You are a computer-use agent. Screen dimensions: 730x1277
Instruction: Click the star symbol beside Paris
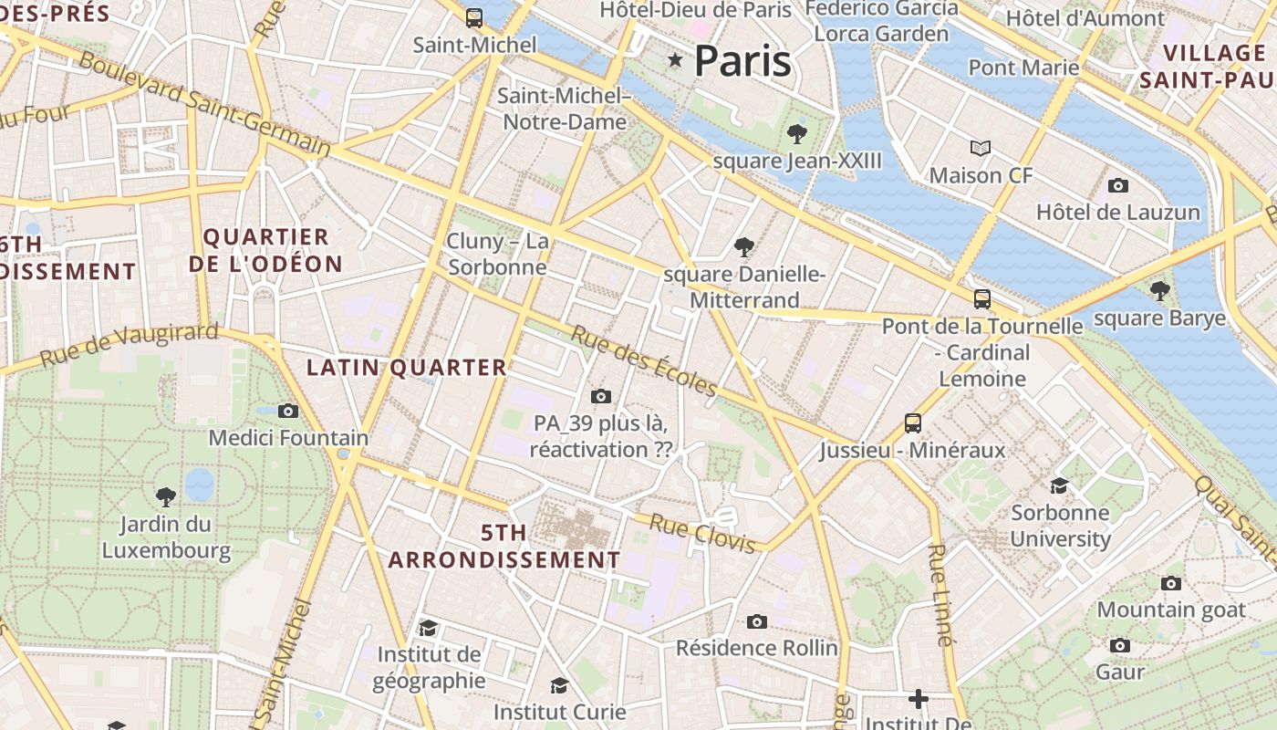pyautogui.click(x=675, y=60)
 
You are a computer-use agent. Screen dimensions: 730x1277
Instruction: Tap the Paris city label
pyautogui.click(x=742, y=61)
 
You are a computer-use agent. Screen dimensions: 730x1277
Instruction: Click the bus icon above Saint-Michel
pyautogui.click(x=474, y=17)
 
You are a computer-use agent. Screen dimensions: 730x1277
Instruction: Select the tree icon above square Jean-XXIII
pyautogui.click(x=797, y=135)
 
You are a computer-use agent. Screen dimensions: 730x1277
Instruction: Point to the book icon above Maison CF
pyautogui.click(x=981, y=148)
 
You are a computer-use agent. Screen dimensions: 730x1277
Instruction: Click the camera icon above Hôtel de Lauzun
pyautogui.click(x=1118, y=185)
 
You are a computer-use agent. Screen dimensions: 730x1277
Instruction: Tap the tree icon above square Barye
pyautogui.click(x=1160, y=291)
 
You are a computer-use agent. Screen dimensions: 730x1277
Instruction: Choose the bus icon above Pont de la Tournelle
pyautogui.click(x=982, y=298)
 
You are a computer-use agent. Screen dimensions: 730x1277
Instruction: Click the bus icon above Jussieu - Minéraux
pyautogui.click(x=913, y=422)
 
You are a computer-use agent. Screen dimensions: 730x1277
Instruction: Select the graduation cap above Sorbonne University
pyautogui.click(x=1059, y=485)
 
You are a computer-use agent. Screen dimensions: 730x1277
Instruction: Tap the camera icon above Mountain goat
pyautogui.click(x=1171, y=583)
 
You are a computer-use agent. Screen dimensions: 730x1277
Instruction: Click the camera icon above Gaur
pyautogui.click(x=1120, y=645)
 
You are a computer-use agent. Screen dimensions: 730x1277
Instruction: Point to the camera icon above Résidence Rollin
pyautogui.click(x=756, y=621)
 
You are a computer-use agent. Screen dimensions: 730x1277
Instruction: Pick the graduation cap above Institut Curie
pyautogui.click(x=559, y=685)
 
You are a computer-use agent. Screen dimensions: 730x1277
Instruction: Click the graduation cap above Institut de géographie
pyautogui.click(x=428, y=628)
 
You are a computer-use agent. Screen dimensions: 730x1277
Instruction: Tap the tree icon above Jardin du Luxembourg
pyautogui.click(x=166, y=497)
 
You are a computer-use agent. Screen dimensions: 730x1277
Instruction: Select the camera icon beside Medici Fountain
pyautogui.click(x=288, y=411)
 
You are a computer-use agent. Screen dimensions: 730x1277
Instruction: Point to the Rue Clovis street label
pyautogui.click(x=702, y=533)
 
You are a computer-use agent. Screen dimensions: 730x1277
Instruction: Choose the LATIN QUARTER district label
pyautogui.click(x=406, y=368)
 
